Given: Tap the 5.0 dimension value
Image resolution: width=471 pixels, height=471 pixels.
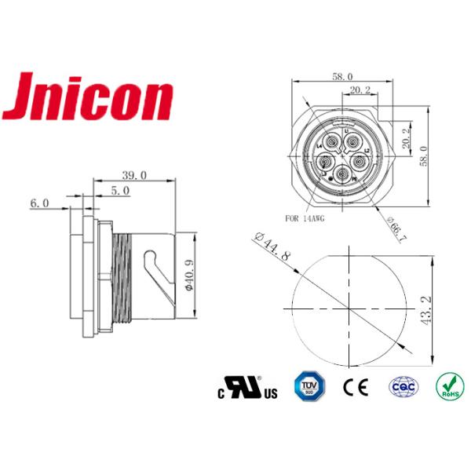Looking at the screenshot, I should [x=120, y=190].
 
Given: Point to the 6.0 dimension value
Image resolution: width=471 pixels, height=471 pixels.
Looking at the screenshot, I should [x=39, y=203].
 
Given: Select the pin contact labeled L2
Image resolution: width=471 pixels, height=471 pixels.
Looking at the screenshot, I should [x=359, y=161].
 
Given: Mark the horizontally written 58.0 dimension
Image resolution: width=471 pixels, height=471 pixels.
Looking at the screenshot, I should [x=341, y=78].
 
